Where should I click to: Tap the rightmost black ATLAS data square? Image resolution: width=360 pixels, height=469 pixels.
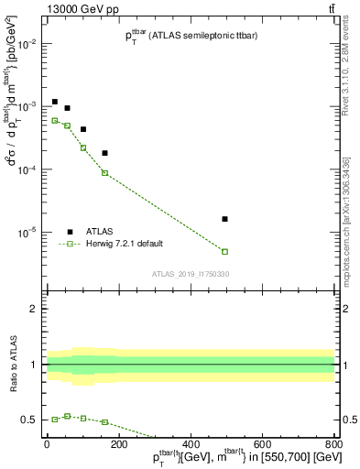point(224,219)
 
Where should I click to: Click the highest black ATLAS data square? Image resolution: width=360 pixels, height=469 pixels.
point(55,102)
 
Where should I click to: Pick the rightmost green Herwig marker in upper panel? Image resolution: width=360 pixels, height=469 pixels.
point(224,251)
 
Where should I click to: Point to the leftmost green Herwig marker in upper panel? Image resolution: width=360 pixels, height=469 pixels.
point(55,120)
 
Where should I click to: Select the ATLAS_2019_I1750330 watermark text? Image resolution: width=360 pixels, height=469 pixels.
point(189,273)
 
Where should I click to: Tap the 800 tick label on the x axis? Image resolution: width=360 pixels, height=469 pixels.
point(333,443)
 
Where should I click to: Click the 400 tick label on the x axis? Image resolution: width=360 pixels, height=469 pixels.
point(190,443)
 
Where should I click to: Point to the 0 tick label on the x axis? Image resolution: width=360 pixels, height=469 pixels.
point(47,443)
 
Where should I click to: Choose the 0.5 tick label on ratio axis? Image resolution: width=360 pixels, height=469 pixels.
point(29,420)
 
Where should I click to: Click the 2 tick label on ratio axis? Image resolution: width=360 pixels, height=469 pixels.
point(34,309)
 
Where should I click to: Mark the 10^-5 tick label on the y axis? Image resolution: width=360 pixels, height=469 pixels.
point(27,233)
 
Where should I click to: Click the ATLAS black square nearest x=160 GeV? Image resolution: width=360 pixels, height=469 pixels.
point(104,153)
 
